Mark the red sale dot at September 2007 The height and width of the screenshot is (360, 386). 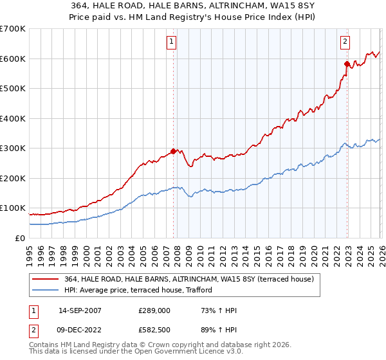(x=173, y=152)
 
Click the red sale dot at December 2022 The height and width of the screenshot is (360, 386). (x=347, y=64)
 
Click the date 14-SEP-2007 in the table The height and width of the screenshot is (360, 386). (x=74, y=310)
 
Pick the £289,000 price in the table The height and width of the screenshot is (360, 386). (x=154, y=310)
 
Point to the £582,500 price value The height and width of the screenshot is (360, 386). (x=154, y=330)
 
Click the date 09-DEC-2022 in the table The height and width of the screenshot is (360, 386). (x=74, y=330)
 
